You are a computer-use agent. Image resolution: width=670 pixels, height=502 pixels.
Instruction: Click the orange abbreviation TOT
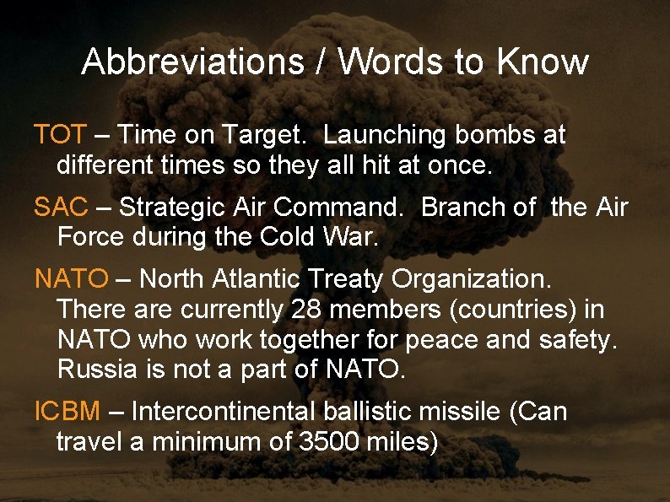point(60,134)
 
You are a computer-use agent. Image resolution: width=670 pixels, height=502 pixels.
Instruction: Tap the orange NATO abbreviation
point(72,278)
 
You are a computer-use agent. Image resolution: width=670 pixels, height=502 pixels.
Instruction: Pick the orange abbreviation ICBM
point(67,412)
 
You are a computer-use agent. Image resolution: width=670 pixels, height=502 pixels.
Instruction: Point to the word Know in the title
point(543,62)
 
